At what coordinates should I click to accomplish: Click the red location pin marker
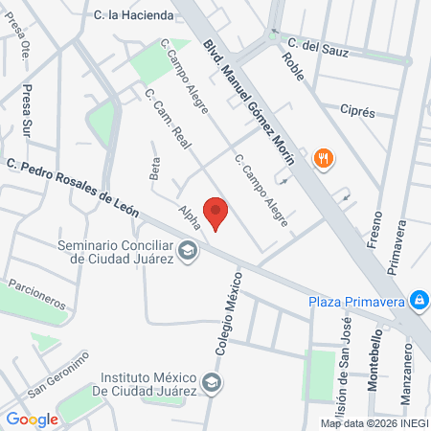216,214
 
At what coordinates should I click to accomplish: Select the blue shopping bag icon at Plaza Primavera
419,301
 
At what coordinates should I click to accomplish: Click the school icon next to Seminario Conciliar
189,251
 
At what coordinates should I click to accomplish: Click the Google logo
32,419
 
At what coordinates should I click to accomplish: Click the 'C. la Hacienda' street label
135,15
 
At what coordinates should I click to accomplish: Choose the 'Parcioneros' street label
37,292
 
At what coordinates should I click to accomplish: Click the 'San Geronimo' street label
57,374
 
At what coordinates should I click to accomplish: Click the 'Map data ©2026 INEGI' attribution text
374,422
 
